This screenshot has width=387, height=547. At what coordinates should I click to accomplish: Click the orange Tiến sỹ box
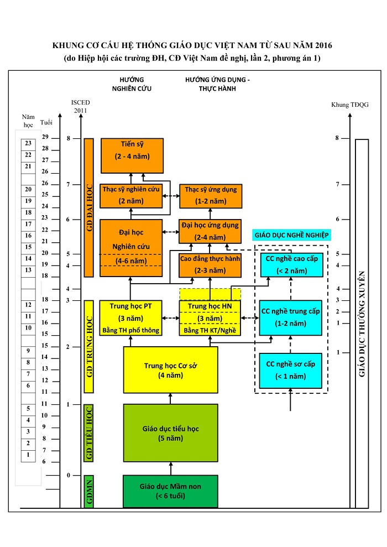132,155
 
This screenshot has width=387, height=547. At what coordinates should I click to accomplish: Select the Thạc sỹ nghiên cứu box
131,195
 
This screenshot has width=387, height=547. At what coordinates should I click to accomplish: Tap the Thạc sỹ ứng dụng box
211,195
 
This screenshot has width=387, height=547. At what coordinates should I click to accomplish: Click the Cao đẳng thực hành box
210,265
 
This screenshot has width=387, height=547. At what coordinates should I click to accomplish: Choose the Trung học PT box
131,318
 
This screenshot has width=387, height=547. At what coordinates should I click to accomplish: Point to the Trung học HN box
210,318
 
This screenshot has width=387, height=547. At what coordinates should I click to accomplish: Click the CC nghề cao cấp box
291,265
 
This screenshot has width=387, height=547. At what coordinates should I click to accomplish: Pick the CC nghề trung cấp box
291,317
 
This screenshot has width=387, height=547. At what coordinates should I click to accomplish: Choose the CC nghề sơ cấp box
291,371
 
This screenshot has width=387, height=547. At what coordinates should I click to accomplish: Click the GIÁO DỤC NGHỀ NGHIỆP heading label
291,235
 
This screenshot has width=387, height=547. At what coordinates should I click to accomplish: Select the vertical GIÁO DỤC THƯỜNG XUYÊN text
362,324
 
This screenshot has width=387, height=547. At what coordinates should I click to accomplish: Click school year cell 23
28,143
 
